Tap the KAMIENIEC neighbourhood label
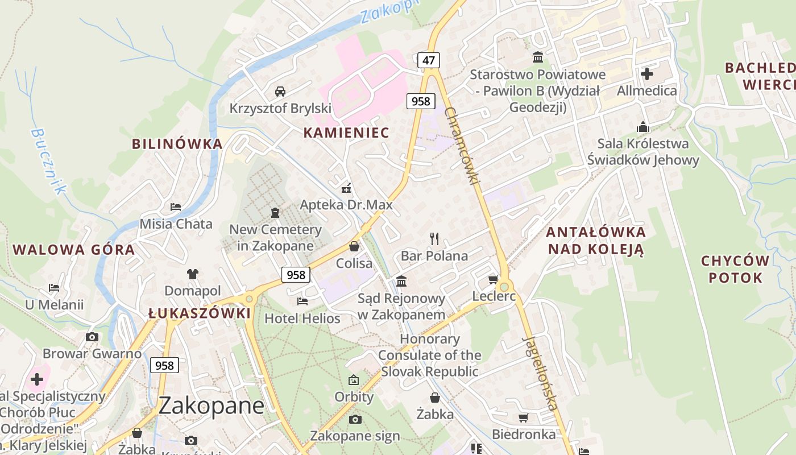[346, 133]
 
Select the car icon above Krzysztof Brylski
[280, 91]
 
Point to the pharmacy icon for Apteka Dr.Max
[346, 189]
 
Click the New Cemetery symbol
[275, 213]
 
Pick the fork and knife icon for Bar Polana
[434, 238]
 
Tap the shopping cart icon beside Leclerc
[493, 279]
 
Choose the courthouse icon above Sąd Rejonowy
[401, 281]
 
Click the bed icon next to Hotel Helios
[302, 301]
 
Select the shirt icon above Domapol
[192, 274]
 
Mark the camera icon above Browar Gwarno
[92, 337]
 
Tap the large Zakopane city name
[211, 406]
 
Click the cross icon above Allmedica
[647, 73]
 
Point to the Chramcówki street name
[463, 145]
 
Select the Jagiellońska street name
[539, 373]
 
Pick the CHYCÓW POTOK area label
[735, 270]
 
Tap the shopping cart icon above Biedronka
[524, 418]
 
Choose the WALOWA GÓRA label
[73, 250]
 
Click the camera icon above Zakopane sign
[355, 419]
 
